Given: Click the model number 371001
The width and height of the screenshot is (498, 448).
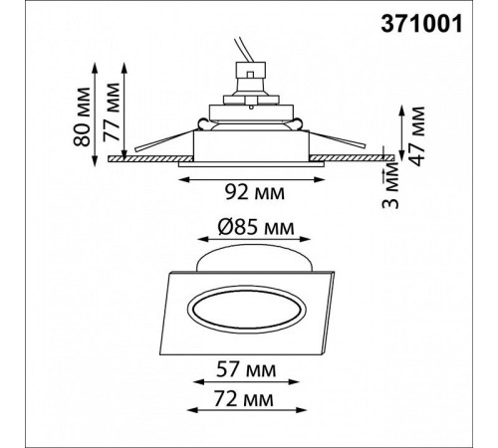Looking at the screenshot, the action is [x=421, y=24].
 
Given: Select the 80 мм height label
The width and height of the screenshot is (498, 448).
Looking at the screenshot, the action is [x=82, y=116].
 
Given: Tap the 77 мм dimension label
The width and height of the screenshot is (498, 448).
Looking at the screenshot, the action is [x=111, y=112].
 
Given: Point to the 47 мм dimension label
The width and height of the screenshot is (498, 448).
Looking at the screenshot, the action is [x=415, y=136].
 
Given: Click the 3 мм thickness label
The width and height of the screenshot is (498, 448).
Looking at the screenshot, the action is [x=390, y=187].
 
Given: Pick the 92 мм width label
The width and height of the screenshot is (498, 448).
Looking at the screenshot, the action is [x=255, y=192].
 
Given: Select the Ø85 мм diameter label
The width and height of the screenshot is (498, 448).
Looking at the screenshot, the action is [x=256, y=228].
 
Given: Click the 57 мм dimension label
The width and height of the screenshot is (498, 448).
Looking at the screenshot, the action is [x=246, y=369].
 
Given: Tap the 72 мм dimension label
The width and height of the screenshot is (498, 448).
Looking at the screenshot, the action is [x=244, y=398].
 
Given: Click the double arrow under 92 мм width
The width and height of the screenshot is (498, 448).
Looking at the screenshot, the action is [x=251, y=179].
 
